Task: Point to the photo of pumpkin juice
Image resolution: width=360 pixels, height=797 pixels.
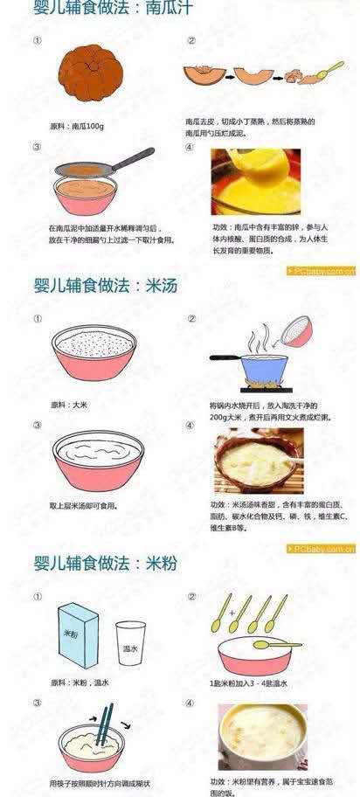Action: click(255, 183)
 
